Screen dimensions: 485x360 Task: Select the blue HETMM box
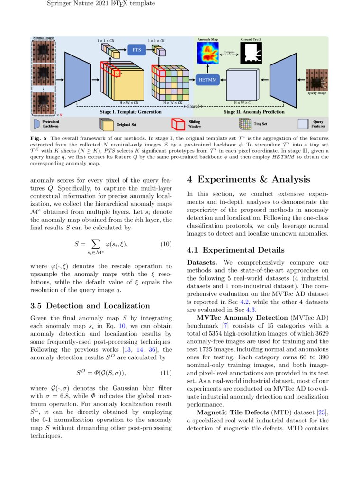(x=207, y=80)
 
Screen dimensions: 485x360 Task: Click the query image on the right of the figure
(x=316, y=81)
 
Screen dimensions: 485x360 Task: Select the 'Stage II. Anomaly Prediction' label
(x=254, y=112)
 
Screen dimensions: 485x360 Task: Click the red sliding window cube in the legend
(x=178, y=124)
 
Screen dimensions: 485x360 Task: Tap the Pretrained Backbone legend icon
(x=37, y=124)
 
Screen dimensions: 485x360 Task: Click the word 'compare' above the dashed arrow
(x=230, y=51)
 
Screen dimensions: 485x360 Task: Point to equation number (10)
(x=166, y=244)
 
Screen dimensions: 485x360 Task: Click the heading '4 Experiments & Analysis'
(x=249, y=179)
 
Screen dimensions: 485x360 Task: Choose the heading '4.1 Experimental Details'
(x=236, y=250)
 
